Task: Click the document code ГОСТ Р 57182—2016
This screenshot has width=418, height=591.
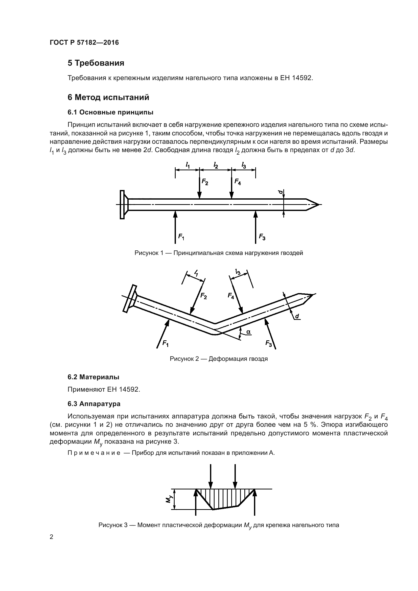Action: [84, 42]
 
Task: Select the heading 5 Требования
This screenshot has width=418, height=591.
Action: [96, 63]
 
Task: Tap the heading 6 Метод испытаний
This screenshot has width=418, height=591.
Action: [108, 98]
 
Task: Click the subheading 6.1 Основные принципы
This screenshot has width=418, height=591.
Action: [110, 112]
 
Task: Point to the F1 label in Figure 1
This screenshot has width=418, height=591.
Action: [181, 236]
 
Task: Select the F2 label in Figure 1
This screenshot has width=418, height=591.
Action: [205, 182]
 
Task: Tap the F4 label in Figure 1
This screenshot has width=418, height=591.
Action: [238, 182]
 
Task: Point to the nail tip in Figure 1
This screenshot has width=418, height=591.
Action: [319, 205]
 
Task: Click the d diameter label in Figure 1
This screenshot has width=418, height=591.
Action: [281, 192]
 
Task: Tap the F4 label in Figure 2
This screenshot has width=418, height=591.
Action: [231, 296]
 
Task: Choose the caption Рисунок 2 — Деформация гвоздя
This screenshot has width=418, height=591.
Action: [219, 359]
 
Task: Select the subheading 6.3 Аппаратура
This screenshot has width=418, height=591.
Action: [94, 404]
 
